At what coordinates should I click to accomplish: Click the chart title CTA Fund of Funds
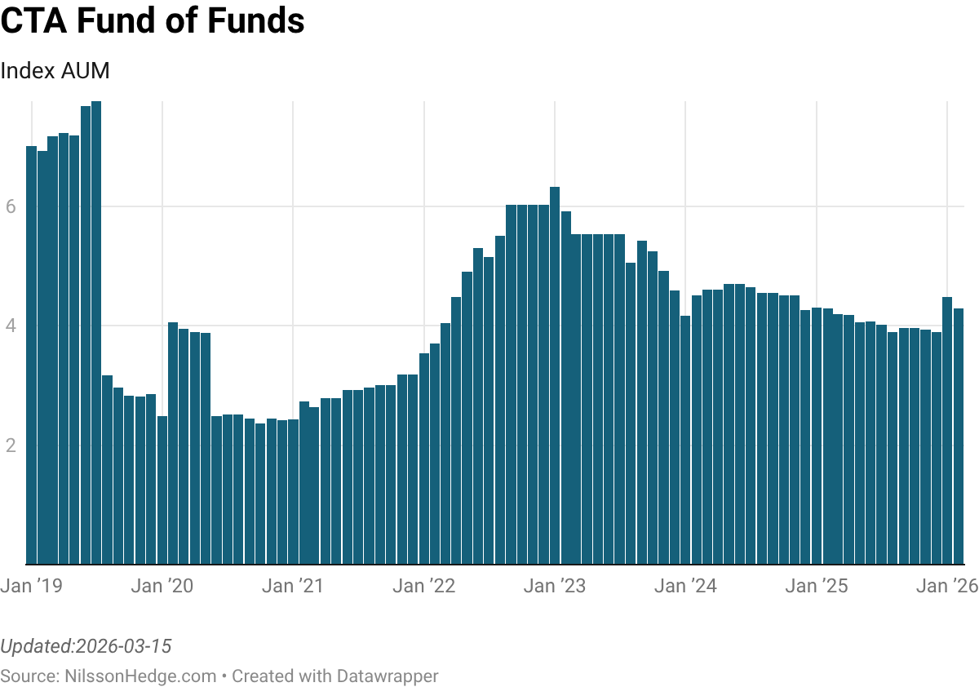point(153,21)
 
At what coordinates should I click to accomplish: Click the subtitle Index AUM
point(55,71)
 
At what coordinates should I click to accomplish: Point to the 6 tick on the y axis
point(11,207)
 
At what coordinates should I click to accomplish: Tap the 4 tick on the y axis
point(11,326)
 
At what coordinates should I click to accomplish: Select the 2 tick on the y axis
point(11,445)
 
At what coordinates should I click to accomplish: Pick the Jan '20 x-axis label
point(162,586)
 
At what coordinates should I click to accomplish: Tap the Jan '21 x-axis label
point(293,586)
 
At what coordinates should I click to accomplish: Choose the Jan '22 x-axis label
point(423,586)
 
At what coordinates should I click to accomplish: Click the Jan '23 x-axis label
point(555,586)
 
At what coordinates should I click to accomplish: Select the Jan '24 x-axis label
point(685,586)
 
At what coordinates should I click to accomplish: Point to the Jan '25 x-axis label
point(816,586)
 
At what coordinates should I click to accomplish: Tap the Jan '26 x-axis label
point(946,586)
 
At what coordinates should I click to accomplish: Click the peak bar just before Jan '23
point(555,375)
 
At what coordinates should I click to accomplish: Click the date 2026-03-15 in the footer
point(122,647)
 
